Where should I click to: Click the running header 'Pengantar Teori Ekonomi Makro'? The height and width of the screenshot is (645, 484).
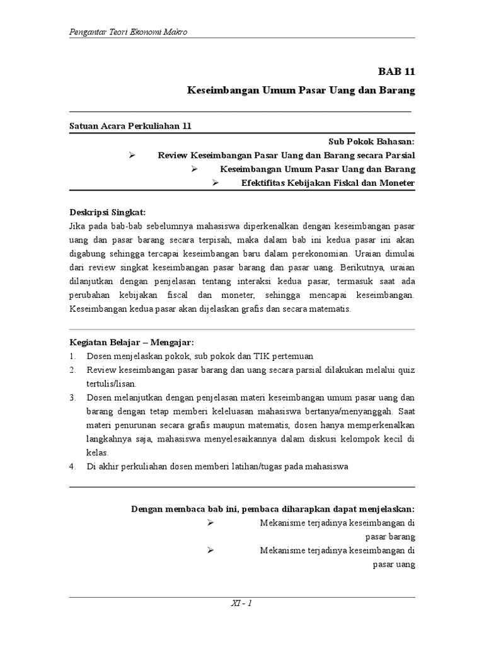click(128, 32)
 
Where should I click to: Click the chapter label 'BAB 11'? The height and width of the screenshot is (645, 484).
click(396, 72)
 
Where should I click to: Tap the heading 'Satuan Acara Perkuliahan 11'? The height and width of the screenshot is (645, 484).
click(130, 126)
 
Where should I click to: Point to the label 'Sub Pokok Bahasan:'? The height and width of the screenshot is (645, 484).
click(372, 142)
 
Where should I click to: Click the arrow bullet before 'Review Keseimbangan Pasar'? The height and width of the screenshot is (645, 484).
click(132, 155)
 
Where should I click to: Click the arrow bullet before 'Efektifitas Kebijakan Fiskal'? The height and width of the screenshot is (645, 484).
click(215, 183)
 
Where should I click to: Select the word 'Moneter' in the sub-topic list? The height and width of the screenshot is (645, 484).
click(396, 183)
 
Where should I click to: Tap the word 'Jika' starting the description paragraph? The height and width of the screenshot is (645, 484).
click(78, 225)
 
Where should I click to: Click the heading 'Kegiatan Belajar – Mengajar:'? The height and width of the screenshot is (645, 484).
click(131, 342)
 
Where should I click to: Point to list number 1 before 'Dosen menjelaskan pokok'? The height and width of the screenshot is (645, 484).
click(72, 356)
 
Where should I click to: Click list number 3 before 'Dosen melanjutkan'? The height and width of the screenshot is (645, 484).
click(72, 397)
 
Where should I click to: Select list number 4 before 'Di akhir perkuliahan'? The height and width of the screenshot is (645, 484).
click(72, 466)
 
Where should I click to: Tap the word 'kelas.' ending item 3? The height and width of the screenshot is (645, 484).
click(98, 452)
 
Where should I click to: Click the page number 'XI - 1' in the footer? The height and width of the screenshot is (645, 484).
click(241, 603)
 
